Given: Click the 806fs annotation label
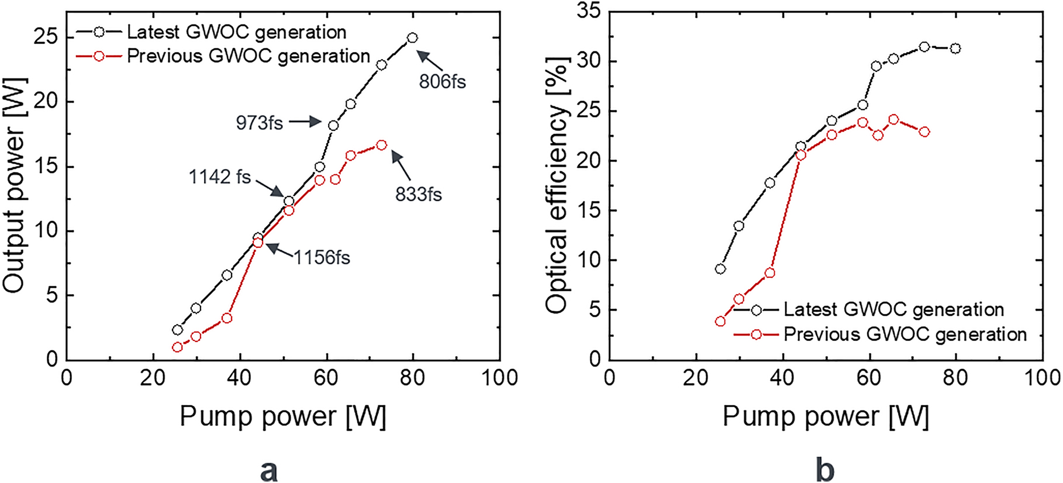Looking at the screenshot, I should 442,82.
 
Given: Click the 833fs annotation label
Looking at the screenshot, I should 418,194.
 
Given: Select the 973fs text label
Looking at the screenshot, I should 259,123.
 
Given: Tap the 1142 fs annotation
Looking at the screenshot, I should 219,177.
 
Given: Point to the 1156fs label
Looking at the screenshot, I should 322,257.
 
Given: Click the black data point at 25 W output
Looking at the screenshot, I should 412,37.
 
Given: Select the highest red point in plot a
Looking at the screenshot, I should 381,144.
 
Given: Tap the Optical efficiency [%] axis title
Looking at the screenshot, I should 557,184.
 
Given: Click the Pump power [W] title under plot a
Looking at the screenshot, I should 282,416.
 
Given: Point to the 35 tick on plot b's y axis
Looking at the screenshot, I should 589,11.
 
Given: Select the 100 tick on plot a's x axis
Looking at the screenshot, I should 499,378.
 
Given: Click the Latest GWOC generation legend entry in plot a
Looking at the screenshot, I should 236,32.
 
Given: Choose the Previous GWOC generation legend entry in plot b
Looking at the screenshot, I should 905,334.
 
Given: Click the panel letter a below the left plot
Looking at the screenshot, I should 268,470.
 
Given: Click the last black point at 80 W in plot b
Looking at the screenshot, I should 955,49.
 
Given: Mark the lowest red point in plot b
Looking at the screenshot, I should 720,322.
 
